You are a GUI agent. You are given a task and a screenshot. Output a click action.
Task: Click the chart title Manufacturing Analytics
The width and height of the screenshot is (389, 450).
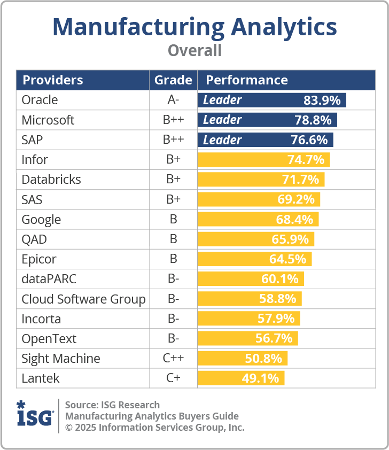194,26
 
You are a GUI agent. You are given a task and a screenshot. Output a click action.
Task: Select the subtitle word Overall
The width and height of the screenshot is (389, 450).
194,51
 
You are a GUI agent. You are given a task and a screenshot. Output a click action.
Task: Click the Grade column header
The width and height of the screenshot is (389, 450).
173,80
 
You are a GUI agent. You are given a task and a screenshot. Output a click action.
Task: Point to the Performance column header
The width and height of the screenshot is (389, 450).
247,80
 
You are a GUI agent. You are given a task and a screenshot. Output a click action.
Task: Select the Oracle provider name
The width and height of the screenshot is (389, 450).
40,100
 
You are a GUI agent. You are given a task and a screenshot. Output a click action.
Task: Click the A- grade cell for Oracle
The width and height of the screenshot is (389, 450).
173,100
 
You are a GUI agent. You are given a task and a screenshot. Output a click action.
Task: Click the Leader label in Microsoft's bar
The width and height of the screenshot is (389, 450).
222,120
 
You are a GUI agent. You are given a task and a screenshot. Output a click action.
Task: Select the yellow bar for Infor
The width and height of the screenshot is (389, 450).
263,160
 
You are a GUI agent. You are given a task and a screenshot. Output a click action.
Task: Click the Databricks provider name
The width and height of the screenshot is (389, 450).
51,180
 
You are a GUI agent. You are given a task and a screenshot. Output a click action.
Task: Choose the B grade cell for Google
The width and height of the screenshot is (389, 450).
173,220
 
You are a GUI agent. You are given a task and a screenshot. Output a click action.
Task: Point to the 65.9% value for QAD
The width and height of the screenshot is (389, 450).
291,239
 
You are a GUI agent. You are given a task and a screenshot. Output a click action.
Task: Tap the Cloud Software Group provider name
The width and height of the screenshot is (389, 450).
83,299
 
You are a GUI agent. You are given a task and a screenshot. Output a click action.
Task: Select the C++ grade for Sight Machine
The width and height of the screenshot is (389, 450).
173,359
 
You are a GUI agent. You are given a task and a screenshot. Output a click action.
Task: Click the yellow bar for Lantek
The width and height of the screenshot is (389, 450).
240,378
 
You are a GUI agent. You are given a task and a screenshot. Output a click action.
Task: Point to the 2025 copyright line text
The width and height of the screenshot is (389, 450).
154,428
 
